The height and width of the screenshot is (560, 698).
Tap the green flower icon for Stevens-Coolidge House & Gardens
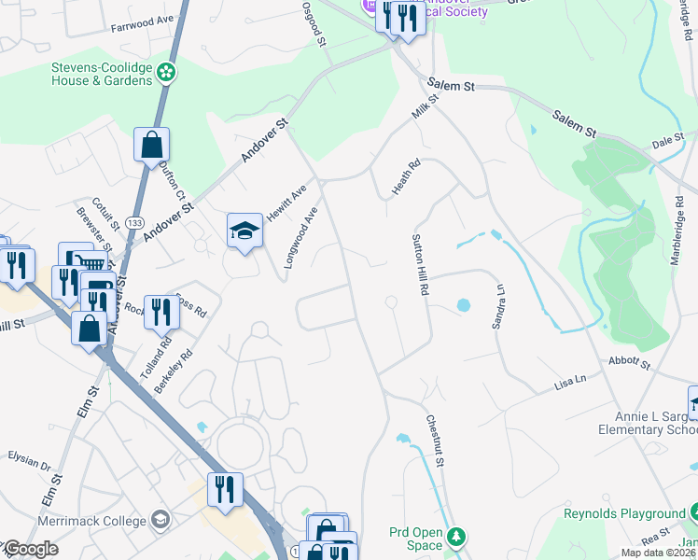click(x=166, y=71)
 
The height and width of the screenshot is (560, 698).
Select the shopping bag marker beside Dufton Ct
click(x=151, y=146)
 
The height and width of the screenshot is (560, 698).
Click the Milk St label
click(x=426, y=106)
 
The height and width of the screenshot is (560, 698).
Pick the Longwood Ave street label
click(x=301, y=237)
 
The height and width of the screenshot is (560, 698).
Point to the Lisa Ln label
click(x=569, y=381)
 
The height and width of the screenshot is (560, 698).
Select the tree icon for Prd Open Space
click(x=455, y=537)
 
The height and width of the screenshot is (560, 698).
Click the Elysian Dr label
click(x=28, y=462)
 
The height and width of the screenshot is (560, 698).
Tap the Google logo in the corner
click(x=30, y=549)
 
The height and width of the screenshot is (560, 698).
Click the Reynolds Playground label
click(x=624, y=513)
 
